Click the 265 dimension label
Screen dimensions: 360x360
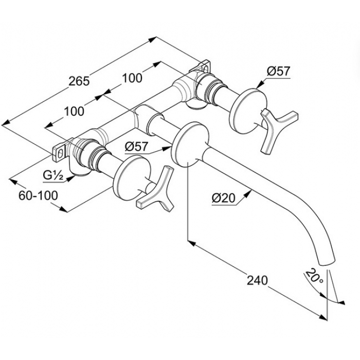[79, 81]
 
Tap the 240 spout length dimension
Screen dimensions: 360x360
[257, 280]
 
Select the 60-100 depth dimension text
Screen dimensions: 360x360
[38, 195]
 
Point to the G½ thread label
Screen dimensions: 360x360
[53, 175]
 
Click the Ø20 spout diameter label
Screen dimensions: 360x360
[224, 197]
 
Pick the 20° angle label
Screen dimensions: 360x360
[314, 276]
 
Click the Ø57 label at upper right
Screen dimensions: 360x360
[279, 71]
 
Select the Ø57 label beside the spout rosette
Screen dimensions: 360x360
[137, 147]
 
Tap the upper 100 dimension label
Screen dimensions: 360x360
[132, 78]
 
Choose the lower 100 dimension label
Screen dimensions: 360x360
[74, 112]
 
